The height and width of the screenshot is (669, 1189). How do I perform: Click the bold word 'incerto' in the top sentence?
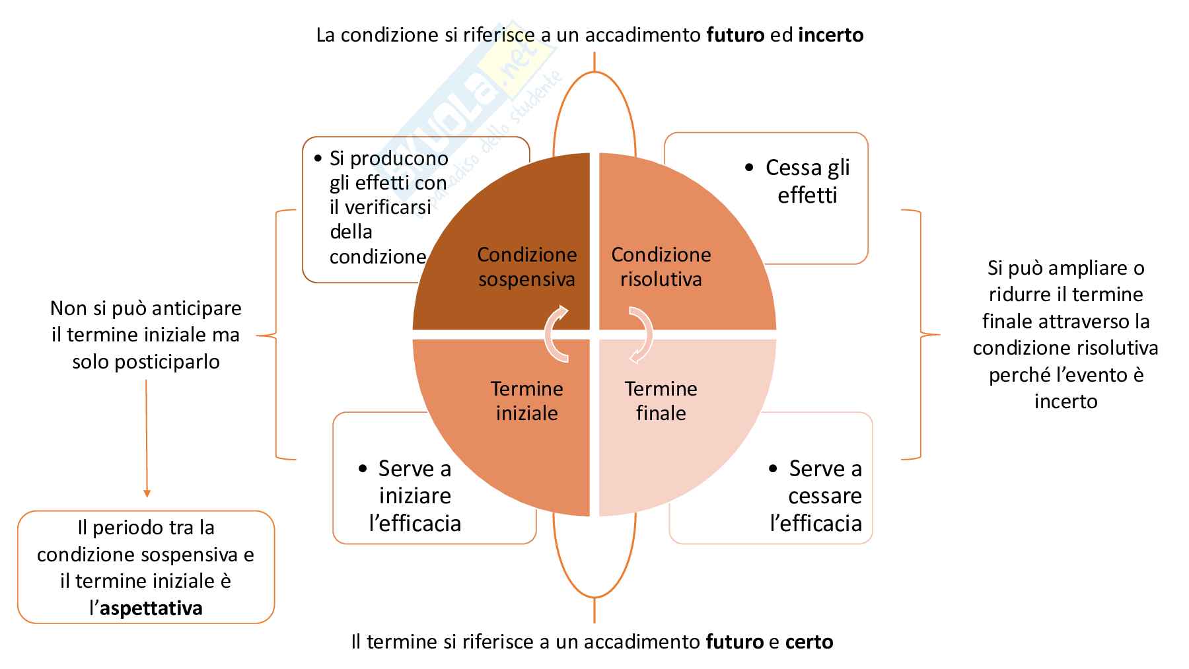point(830,35)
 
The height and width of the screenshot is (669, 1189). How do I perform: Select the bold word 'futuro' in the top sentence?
point(735,35)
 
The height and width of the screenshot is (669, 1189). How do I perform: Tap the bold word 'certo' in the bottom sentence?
point(809,642)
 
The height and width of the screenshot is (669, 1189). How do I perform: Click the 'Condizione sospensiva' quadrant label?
point(526,267)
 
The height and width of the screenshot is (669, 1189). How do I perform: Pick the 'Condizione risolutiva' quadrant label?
point(661,267)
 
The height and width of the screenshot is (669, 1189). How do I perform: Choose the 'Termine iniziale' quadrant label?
point(526,401)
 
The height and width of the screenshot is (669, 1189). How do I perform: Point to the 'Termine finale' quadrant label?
point(661,401)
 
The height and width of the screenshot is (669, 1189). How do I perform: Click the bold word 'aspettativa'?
point(151,608)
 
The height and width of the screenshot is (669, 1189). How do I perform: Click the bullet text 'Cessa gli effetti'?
point(807,182)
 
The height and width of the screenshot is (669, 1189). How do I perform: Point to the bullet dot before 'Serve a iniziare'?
point(363,469)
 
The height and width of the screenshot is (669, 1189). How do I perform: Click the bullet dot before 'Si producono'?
point(318,158)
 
